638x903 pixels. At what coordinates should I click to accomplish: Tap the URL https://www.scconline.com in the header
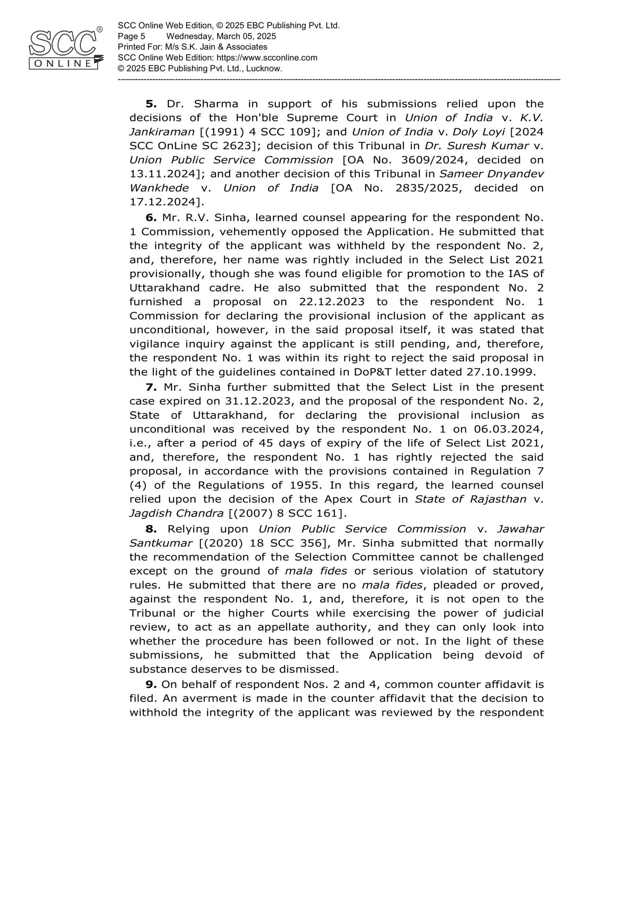tap(267, 57)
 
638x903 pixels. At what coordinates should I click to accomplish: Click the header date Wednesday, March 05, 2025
tap(221, 36)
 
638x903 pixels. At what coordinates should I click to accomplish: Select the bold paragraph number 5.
tap(151, 104)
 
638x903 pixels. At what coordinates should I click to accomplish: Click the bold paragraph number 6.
tap(151, 217)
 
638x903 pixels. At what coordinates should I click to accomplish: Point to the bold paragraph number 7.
tap(151, 387)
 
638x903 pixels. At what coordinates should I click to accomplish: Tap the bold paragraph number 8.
tap(151, 529)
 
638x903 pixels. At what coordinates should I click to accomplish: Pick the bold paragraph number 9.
tap(151, 684)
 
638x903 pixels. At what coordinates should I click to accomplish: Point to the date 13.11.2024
tap(163, 174)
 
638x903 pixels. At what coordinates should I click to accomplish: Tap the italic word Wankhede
tap(159, 188)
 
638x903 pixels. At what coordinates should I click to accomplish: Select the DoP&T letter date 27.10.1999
tap(499, 372)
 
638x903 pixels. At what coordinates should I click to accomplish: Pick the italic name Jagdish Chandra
tap(176, 513)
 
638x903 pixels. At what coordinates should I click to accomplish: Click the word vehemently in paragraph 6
tap(252, 232)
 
